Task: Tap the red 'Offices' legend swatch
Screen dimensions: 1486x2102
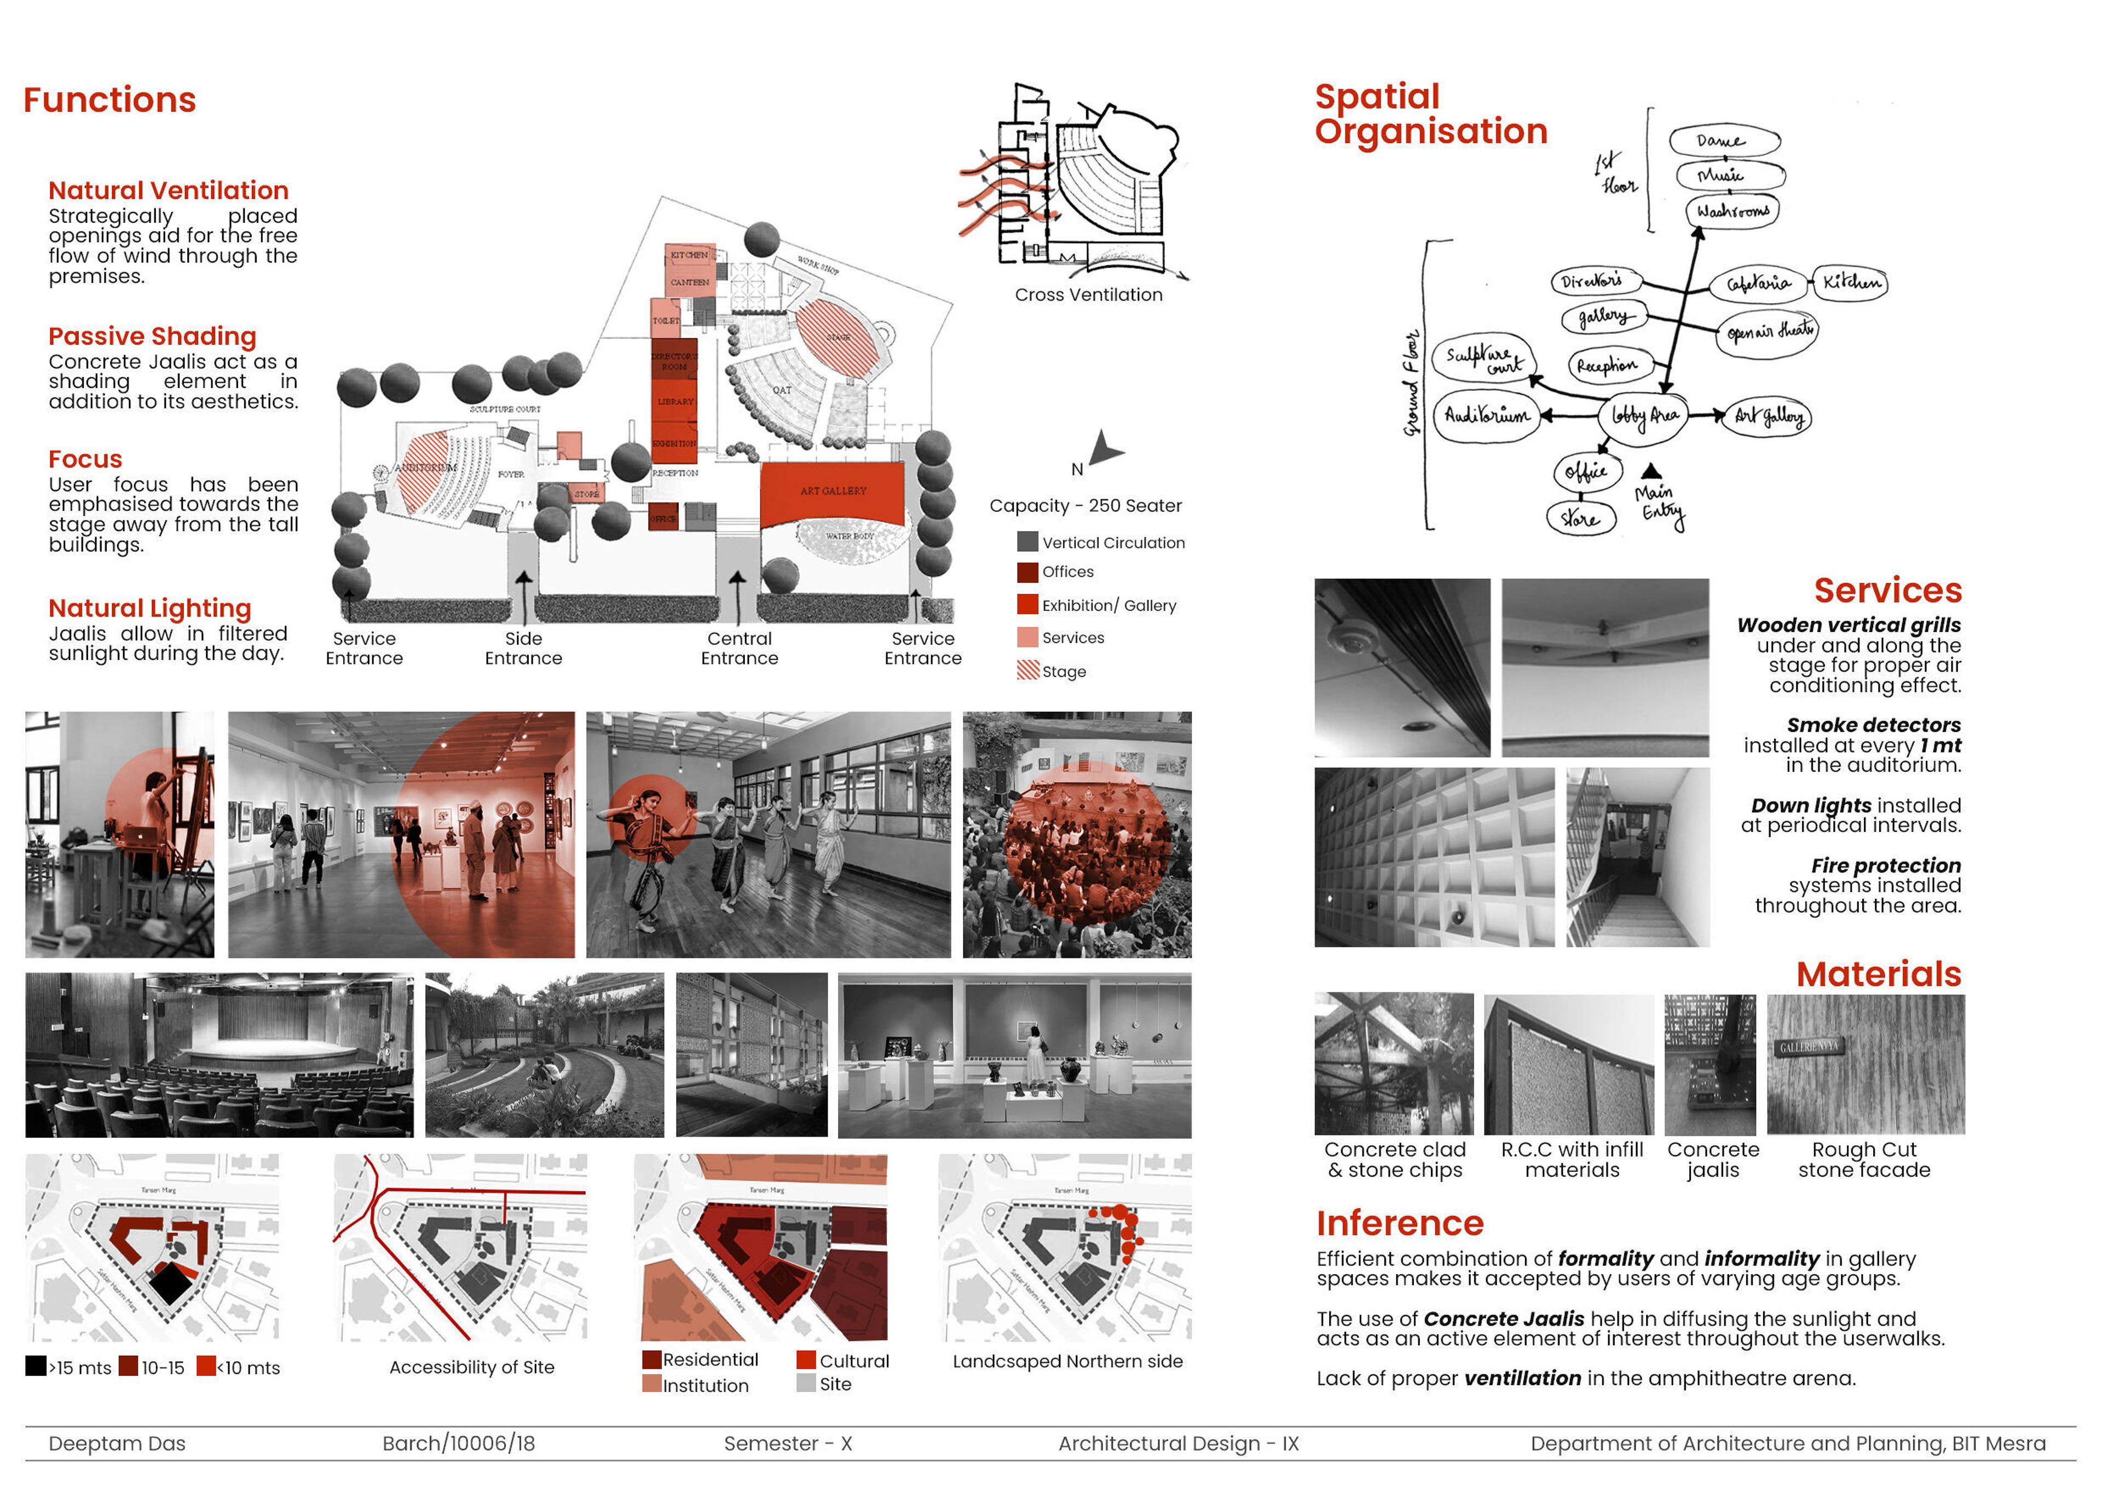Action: click(x=1027, y=573)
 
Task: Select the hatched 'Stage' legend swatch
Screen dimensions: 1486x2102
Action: click(x=1027, y=670)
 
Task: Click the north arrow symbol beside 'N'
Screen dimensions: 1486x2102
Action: click(x=1105, y=449)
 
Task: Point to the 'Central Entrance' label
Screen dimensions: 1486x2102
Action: click(x=739, y=648)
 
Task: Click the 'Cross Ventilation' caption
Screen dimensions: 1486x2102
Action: click(x=1088, y=295)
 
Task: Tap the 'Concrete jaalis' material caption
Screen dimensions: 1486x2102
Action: click(x=1712, y=1159)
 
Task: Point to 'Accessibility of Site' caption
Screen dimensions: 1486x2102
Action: click(x=471, y=1367)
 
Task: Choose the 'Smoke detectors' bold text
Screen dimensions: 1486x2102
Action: click(x=1873, y=725)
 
